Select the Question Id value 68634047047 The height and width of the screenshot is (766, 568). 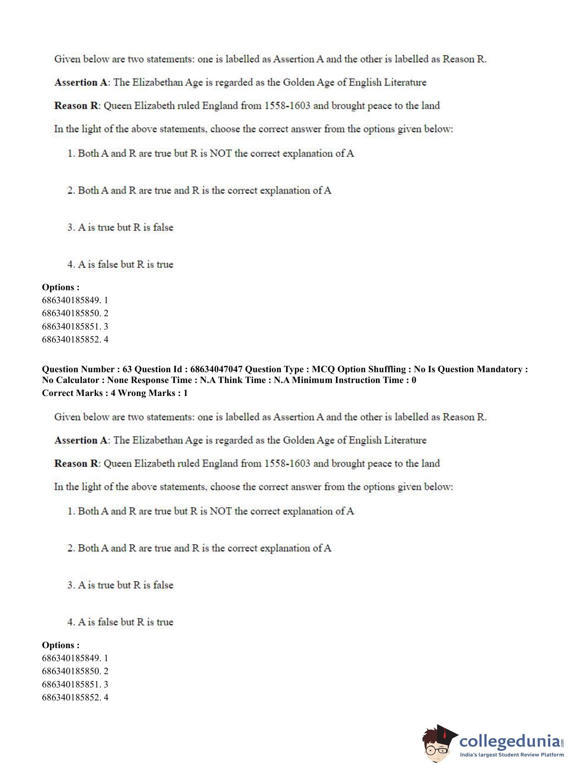pos(216,369)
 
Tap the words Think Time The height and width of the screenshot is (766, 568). pos(242,380)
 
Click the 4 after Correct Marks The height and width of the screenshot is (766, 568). pos(113,393)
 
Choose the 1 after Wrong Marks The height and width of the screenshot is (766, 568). pos(186,393)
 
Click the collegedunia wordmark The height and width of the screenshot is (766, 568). pos(510,742)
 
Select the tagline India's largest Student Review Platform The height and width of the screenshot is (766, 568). pos(512,755)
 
